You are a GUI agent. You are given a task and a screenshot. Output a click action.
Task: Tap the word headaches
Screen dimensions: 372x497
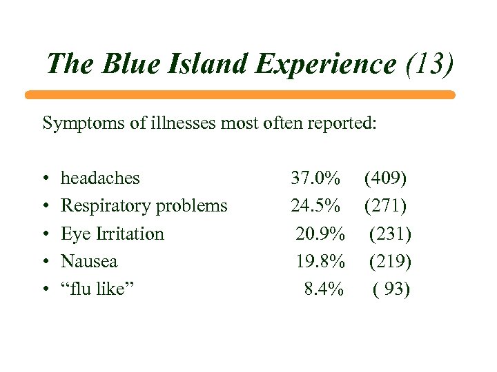tap(100, 178)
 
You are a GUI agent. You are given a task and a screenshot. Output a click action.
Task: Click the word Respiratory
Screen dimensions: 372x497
tap(104, 206)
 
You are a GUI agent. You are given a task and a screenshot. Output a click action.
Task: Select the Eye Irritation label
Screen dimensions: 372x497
tap(113, 234)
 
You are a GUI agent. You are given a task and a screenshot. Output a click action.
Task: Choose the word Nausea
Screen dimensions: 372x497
tap(89, 262)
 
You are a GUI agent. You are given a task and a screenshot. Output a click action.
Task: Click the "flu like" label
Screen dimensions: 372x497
tap(97, 289)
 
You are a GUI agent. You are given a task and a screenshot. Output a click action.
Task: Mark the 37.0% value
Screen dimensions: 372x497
tap(315, 178)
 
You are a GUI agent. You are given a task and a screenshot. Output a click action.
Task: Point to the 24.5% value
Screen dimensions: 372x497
tap(315, 206)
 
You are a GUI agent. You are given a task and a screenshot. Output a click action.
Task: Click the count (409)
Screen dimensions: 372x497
tap(385, 178)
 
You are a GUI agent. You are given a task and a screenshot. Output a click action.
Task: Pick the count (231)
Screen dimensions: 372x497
tap(390, 234)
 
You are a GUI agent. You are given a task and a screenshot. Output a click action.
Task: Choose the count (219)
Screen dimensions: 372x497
tap(390, 262)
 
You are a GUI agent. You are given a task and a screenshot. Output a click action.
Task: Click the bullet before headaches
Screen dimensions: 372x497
tap(45, 178)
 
